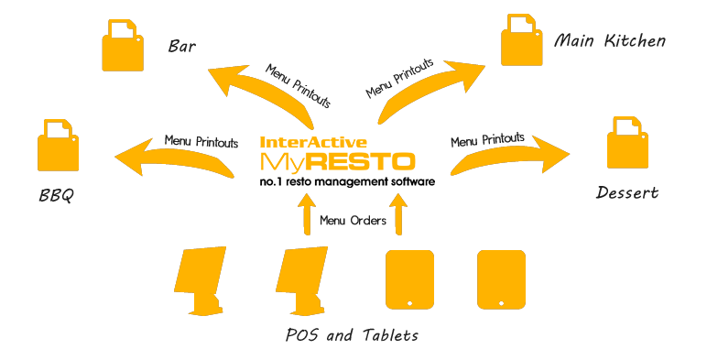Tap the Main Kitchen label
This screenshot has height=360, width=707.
click(610, 41)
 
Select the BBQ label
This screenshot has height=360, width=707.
click(56, 195)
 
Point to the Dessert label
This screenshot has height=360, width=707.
click(626, 193)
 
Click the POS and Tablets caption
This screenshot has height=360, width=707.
click(352, 335)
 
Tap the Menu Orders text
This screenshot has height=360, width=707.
click(353, 221)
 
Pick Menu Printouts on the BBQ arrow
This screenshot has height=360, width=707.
click(201, 142)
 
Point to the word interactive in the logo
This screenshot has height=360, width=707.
click(315, 143)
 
